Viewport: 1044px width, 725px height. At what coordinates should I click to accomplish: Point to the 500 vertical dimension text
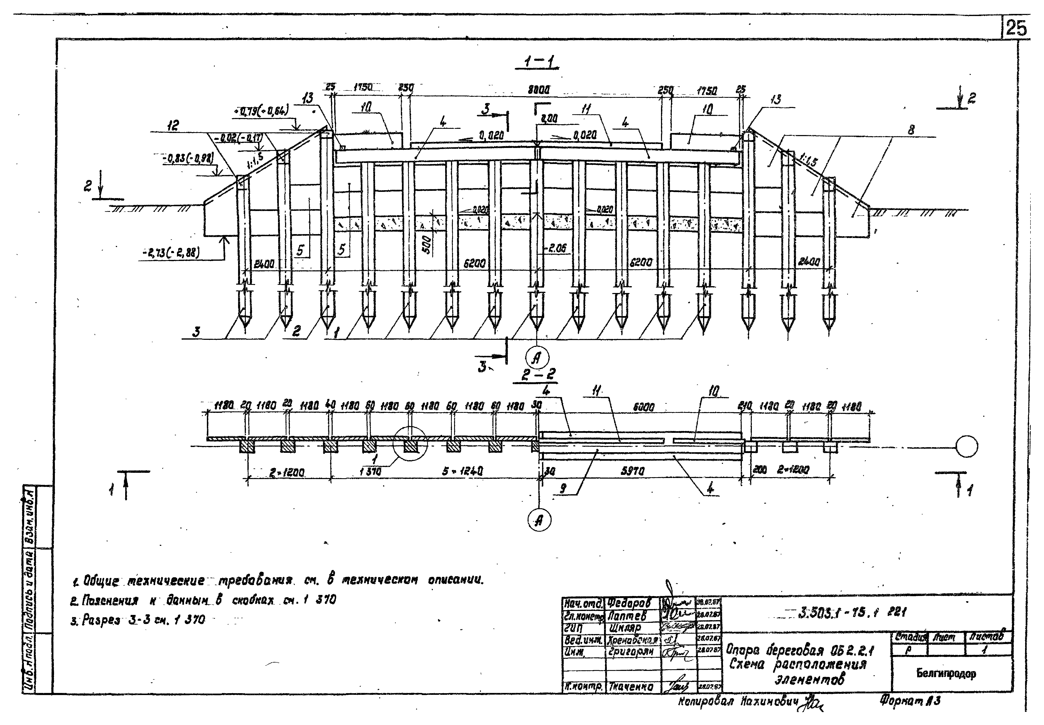click(427, 245)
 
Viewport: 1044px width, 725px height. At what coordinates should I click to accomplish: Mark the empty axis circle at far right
click(967, 447)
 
